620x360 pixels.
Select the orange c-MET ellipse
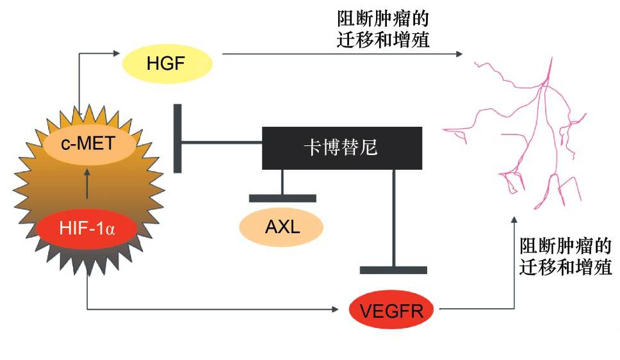click(x=89, y=142)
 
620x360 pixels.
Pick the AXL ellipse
click(x=282, y=227)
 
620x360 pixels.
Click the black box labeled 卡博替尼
click(x=341, y=148)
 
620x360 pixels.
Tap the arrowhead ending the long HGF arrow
click(x=459, y=54)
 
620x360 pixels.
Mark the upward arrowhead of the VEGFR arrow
click(x=514, y=220)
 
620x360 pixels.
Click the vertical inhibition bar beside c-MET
click(x=178, y=138)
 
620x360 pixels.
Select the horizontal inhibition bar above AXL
click(x=282, y=198)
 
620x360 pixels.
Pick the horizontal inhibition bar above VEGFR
click(x=393, y=270)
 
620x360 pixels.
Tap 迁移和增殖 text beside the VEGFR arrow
click(x=566, y=266)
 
